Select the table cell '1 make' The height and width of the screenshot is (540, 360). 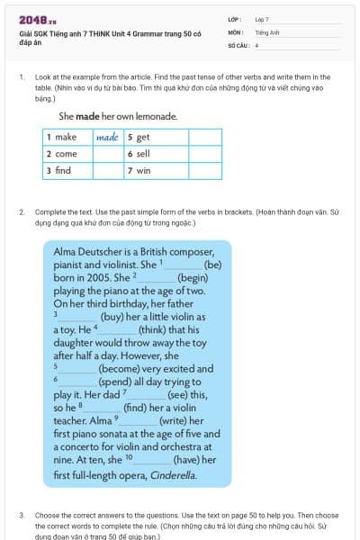(67, 138)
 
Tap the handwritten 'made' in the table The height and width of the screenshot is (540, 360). (107, 138)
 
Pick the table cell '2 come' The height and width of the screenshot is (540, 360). (67, 154)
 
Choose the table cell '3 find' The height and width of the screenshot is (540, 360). (67, 170)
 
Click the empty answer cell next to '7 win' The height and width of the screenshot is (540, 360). (204, 170)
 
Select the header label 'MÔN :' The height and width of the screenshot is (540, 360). (237, 31)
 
